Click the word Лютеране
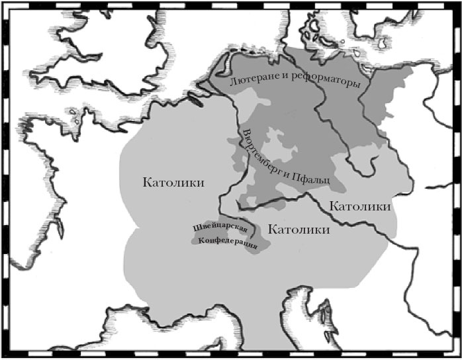point(250,81)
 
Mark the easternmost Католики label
point(359,206)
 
